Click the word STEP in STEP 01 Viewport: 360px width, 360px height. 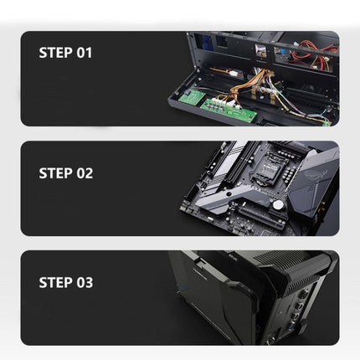pyautogui.click(x=56, y=53)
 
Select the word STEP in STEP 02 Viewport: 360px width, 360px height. pyautogui.click(x=56, y=173)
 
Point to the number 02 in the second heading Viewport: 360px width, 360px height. pyautogui.click(x=85, y=173)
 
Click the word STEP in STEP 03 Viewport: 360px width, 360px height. pyautogui.click(x=56, y=282)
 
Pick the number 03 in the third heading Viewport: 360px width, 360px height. pyautogui.click(x=85, y=282)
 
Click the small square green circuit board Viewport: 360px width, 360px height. pyautogui.click(x=192, y=97)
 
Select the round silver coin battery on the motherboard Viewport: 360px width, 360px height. pyautogui.click(x=278, y=205)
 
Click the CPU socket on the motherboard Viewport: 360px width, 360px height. pyautogui.click(x=267, y=168)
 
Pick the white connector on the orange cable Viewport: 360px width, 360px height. pyautogui.click(x=233, y=74)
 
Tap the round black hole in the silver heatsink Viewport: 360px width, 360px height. pyautogui.click(x=229, y=194)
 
